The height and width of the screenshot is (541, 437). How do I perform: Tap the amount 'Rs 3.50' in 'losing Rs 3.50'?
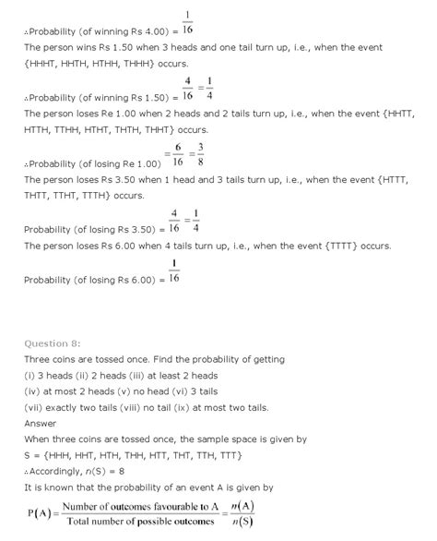(x=139, y=228)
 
